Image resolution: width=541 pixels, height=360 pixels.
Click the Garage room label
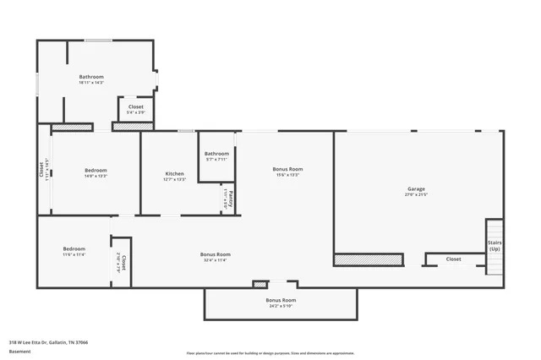pos(416,188)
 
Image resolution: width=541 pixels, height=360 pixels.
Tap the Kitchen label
pos(174,173)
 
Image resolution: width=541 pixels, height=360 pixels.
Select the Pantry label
pos(231,199)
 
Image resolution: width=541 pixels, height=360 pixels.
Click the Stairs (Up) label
pos(495,245)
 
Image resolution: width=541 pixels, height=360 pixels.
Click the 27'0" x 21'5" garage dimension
pos(416,195)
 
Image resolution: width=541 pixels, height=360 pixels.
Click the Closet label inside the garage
pos(453,259)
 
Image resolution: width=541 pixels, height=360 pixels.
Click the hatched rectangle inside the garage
pos(368,259)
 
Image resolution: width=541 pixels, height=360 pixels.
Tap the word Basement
pos(19,351)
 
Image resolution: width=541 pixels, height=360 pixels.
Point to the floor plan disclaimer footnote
pos(270,353)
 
